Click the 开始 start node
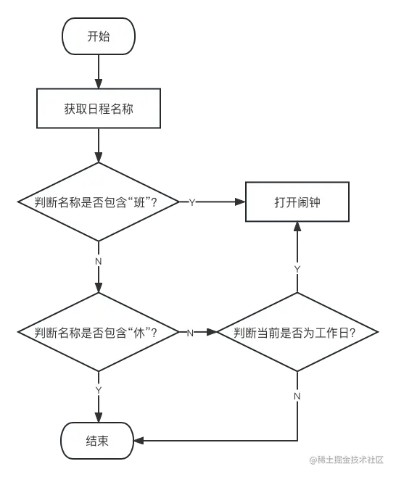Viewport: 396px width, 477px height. point(99,36)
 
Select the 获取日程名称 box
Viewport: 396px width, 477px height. point(99,109)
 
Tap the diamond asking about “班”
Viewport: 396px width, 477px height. point(99,202)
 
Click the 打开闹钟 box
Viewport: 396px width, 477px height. point(297,202)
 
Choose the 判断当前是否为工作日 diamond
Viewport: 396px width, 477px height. point(297,332)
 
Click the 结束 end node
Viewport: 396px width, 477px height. point(99,441)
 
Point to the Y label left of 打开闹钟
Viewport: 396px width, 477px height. point(192,202)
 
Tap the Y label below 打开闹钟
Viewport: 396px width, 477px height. point(297,270)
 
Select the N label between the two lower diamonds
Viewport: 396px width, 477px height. point(191,333)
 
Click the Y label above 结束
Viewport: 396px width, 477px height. point(99,391)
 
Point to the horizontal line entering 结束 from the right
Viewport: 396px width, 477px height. point(218,440)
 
